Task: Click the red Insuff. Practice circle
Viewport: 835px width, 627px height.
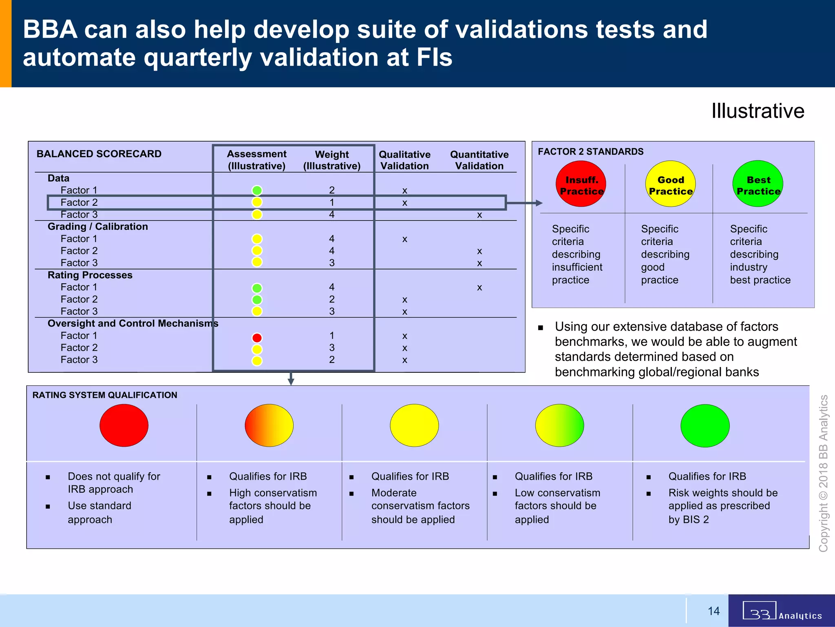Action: [581, 184]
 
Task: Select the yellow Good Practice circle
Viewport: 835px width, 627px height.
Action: [670, 184]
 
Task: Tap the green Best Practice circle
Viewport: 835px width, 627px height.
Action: [758, 184]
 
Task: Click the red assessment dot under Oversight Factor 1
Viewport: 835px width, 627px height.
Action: [257, 338]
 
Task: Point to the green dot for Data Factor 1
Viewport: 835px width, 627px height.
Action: [257, 190]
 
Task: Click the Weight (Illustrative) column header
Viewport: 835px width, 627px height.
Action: [332, 160]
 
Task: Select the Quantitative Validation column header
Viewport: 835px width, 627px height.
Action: [479, 160]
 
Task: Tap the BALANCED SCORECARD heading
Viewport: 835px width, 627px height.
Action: [99, 154]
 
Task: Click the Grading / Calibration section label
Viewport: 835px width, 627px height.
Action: [98, 227]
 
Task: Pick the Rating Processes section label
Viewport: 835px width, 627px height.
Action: [90, 275]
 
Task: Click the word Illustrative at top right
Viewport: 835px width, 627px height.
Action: [758, 111]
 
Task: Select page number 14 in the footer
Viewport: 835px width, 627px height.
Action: [714, 611]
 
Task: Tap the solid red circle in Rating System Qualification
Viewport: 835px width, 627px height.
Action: [124, 425]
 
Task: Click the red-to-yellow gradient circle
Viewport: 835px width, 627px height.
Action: [269, 425]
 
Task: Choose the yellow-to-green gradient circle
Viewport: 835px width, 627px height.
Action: [559, 425]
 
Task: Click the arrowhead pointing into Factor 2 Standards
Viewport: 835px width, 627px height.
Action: [539, 203]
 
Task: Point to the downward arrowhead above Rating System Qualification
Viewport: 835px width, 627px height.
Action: [291, 381]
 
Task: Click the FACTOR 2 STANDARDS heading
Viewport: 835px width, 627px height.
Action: [590, 152]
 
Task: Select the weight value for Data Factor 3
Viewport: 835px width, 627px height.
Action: [332, 214]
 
